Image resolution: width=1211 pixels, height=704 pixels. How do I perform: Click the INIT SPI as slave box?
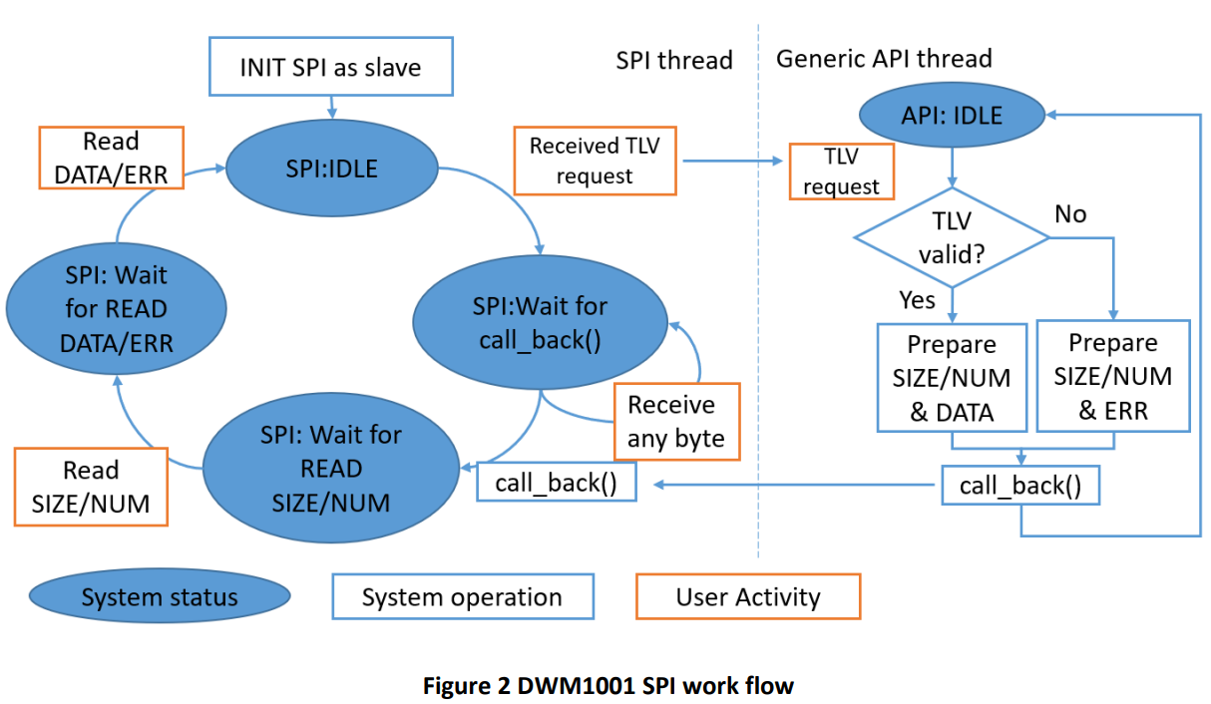[x=330, y=67]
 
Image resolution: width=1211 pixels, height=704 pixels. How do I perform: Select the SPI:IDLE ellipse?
[x=330, y=169]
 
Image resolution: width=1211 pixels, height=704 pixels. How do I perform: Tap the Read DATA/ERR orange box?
[x=111, y=159]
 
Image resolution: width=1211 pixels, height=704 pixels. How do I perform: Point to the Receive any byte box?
[x=676, y=422]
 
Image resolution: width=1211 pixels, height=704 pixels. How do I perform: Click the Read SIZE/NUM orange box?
[x=91, y=487]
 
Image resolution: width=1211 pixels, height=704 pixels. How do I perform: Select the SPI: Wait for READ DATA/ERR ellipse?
[x=117, y=309]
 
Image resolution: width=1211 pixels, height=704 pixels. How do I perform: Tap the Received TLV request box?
[x=595, y=160]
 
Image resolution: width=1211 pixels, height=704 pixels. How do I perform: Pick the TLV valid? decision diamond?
[x=952, y=237]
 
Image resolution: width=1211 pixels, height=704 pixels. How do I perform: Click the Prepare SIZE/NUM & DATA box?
[x=952, y=377]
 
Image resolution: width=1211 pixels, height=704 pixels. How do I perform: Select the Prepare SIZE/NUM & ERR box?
[x=1113, y=376]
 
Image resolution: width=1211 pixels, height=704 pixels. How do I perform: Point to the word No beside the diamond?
[x=1070, y=214]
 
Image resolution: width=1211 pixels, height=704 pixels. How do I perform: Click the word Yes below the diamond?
[x=917, y=300]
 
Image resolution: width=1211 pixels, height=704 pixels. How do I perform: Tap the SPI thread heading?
[x=674, y=60]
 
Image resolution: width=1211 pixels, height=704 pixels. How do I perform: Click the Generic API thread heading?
[x=884, y=59]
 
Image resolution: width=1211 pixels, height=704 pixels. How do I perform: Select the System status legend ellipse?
[x=160, y=597]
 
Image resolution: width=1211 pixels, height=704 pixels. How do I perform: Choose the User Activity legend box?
[x=748, y=597]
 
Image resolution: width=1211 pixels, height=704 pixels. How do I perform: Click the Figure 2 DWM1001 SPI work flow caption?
[x=608, y=686]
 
